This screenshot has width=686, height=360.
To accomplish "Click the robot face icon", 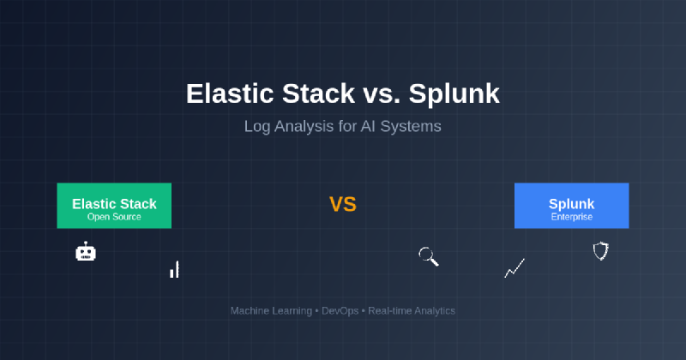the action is pos(85,251).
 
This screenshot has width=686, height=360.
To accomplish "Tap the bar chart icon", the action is pos(175,269).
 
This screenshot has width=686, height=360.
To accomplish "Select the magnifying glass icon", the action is pos(428,256).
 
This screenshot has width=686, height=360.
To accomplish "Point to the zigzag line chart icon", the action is pos(514,267).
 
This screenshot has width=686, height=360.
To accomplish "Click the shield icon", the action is pos(601,251).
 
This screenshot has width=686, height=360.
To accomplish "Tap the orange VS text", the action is pos(343,204).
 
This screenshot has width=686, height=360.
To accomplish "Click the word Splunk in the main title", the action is pos(454,93).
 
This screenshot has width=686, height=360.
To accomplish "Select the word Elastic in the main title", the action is pos(231,93).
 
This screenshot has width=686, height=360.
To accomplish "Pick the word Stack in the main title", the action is pos(318,93).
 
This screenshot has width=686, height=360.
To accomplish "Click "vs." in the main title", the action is pos(381,94).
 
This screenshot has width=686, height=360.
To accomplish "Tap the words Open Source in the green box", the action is pos(114,217).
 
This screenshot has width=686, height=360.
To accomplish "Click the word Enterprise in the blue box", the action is pos(572,217).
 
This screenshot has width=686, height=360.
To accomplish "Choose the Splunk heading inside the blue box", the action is pos(571,204).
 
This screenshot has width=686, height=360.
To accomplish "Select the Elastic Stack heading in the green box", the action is pos(114,204).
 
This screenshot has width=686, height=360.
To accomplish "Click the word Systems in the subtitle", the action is pos(411,127).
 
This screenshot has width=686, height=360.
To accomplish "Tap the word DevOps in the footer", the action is pos(340,311).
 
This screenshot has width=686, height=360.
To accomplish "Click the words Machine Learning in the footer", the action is pos(271,311).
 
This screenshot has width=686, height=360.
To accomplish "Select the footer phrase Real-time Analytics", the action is pos(412,311).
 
